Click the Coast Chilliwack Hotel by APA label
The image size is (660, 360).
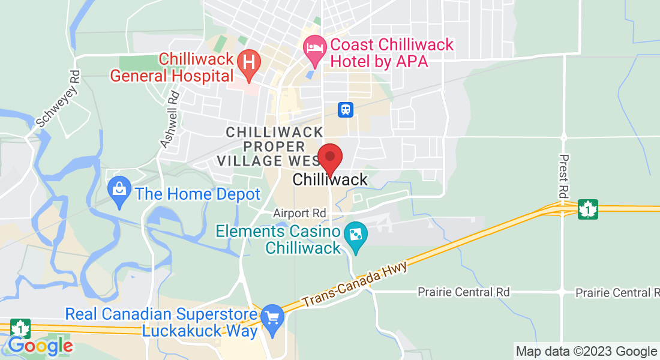[x=392, y=53]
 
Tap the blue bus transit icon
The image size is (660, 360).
[x=346, y=109]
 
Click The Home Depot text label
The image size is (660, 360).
[x=197, y=194]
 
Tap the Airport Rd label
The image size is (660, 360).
[x=299, y=213]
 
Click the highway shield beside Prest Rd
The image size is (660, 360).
[x=587, y=209]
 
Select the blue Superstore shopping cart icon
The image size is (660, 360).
[x=273, y=316]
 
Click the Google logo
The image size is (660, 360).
[x=40, y=346]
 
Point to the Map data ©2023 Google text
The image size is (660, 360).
[x=587, y=352]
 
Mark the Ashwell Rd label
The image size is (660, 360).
[x=170, y=119]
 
